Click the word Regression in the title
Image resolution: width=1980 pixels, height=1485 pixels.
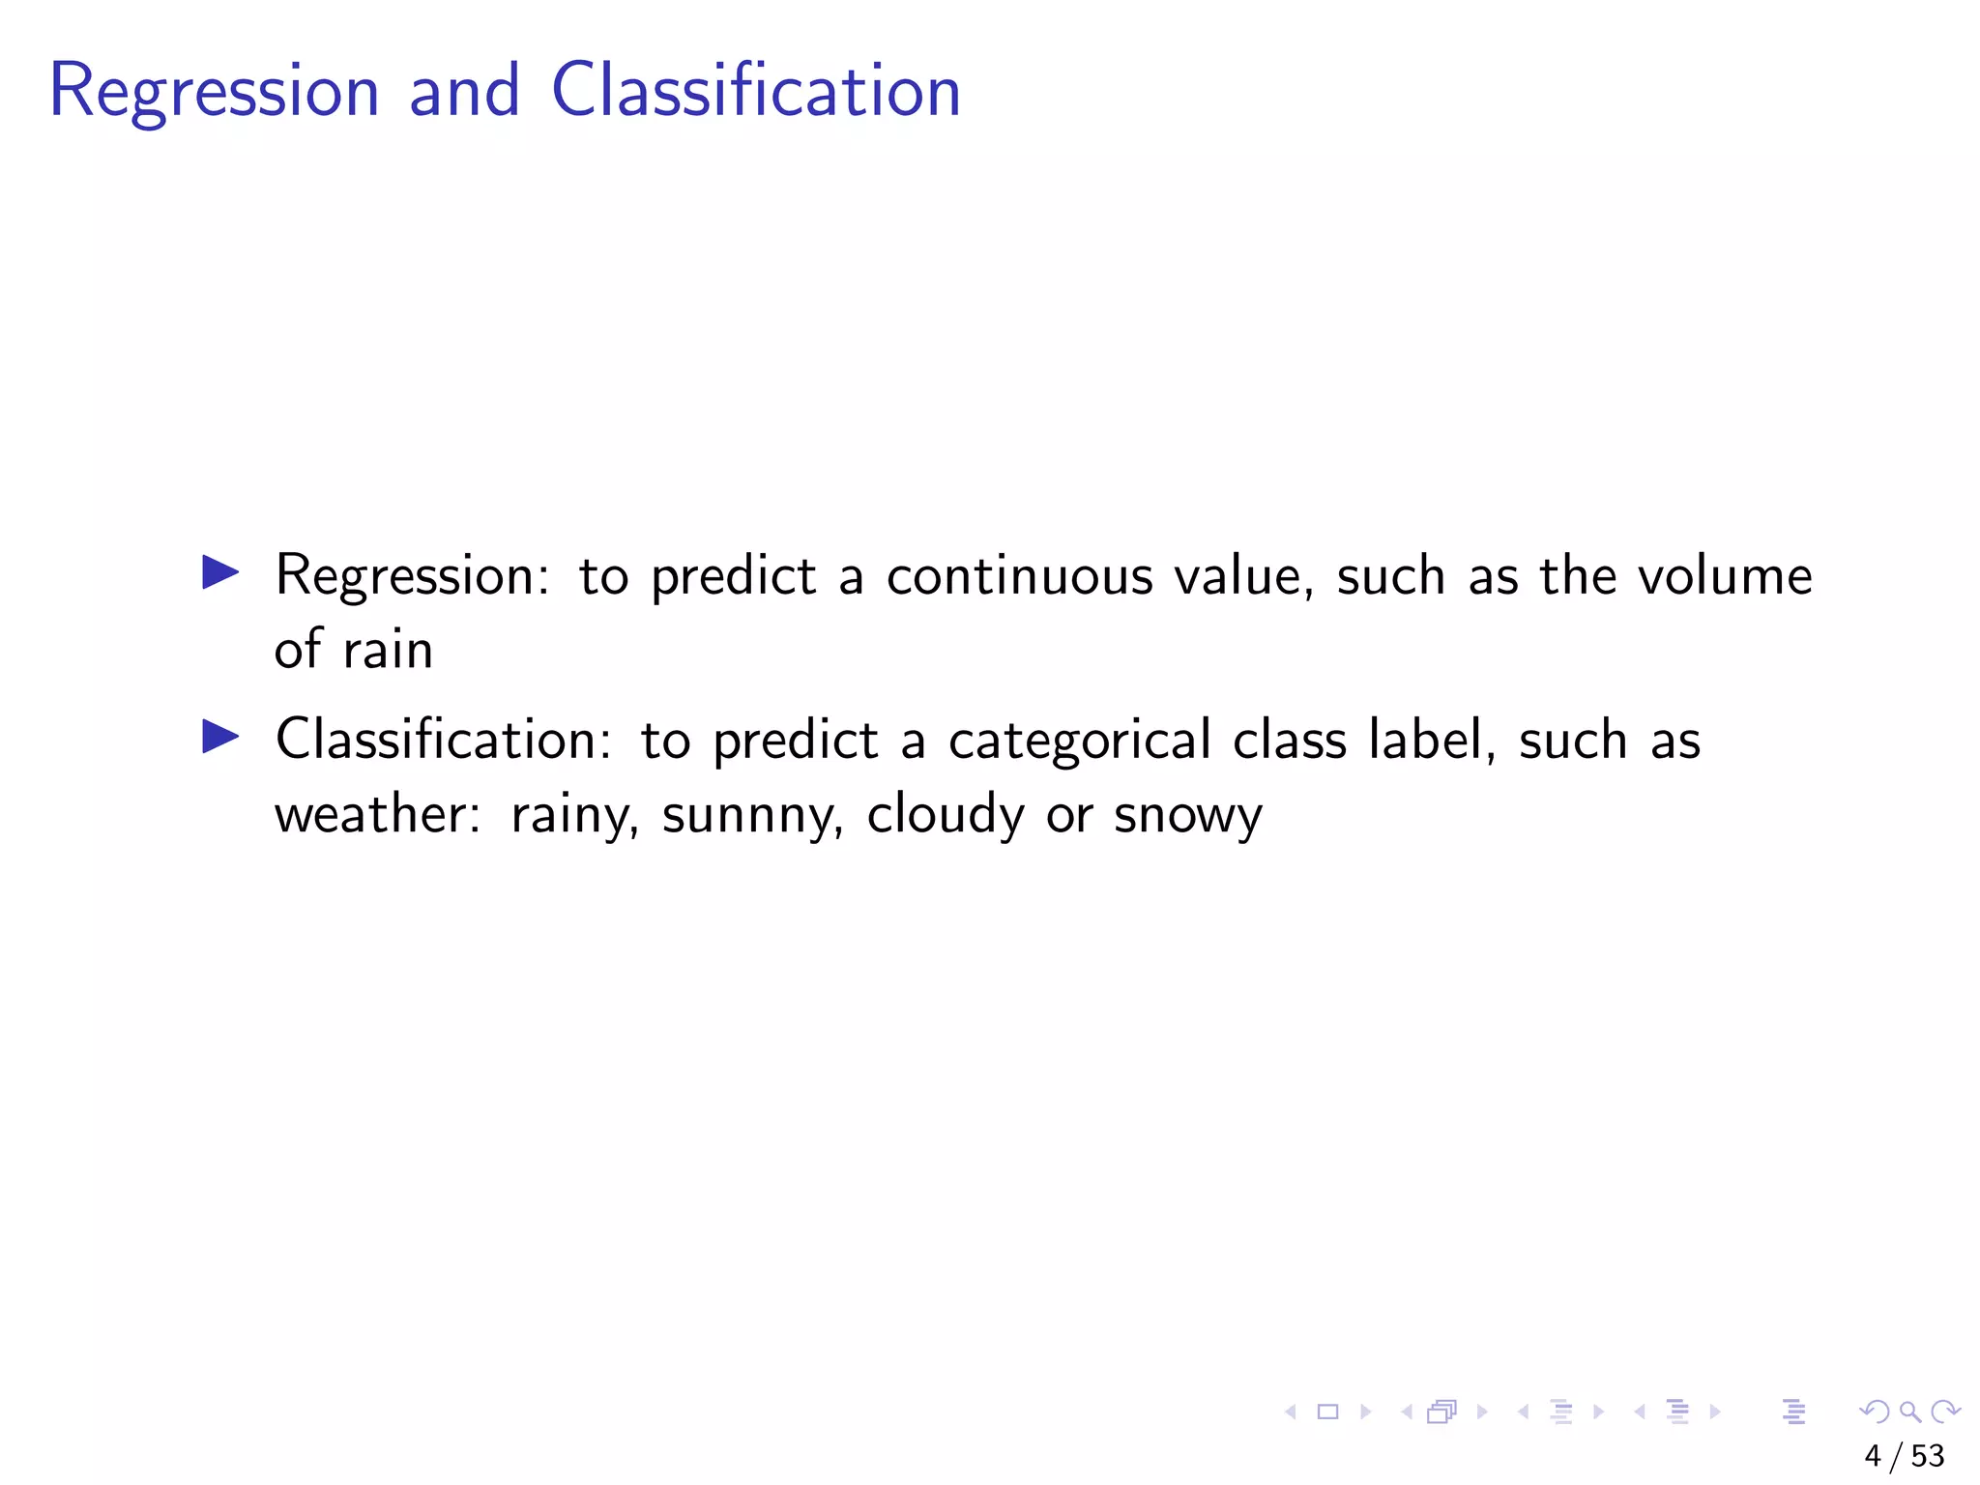click(214, 92)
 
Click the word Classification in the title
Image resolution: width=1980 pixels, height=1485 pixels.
click(755, 90)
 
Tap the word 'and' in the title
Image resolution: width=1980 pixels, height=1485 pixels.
click(464, 90)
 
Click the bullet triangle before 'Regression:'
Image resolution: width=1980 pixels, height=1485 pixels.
click(220, 572)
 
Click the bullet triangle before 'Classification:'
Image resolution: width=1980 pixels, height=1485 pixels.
click(220, 737)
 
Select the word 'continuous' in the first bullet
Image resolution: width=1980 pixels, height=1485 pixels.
click(1019, 576)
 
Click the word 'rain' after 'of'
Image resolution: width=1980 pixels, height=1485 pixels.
click(388, 650)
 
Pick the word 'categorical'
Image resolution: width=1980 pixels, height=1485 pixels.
click(1079, 741)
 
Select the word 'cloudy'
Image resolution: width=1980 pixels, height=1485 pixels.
click(945, 815)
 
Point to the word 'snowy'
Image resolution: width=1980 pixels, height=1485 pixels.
click(1187, 815)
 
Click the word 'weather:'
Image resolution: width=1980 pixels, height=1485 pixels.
click(377, 813)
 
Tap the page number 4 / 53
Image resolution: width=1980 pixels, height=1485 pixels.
click(1904, 1456)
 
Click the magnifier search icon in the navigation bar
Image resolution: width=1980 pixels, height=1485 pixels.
click(1909, 1412)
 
